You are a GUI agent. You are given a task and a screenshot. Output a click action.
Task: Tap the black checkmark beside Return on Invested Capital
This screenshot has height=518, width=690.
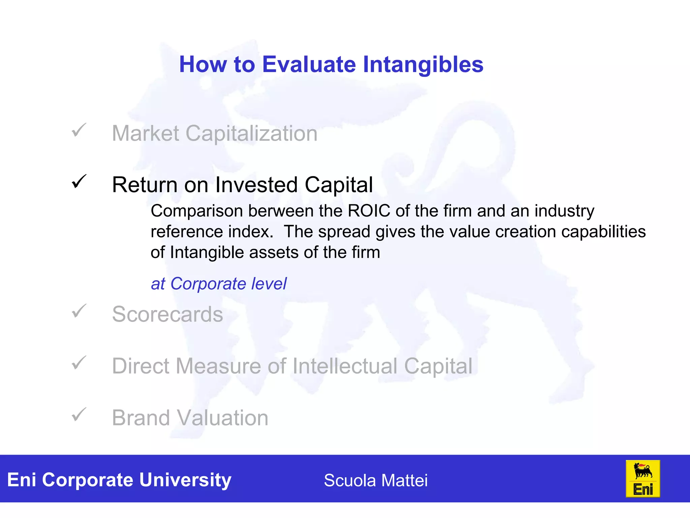[x=79, y=182]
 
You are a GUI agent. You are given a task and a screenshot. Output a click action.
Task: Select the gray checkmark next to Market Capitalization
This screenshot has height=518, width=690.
[x=79, y=130]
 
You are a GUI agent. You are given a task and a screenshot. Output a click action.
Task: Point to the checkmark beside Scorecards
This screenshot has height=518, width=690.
[x=79, y=311]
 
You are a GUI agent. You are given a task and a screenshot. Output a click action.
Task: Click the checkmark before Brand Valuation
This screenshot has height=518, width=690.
[x=79, y=414]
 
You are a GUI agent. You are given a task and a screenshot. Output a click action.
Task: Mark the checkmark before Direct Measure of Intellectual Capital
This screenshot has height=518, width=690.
[x=79, y=363]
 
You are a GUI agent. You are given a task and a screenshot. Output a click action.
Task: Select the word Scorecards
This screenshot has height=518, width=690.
[x=167, y=314]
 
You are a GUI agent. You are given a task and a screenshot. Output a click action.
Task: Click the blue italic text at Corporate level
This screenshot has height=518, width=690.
[x=219, y=284]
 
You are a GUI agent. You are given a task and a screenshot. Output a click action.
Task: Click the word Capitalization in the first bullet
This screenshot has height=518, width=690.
[x=251, y=134]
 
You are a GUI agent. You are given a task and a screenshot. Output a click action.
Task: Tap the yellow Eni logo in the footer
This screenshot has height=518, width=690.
[x=642, y=479]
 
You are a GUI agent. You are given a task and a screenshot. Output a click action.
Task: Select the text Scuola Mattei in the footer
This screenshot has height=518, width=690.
[x=376, y=480]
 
